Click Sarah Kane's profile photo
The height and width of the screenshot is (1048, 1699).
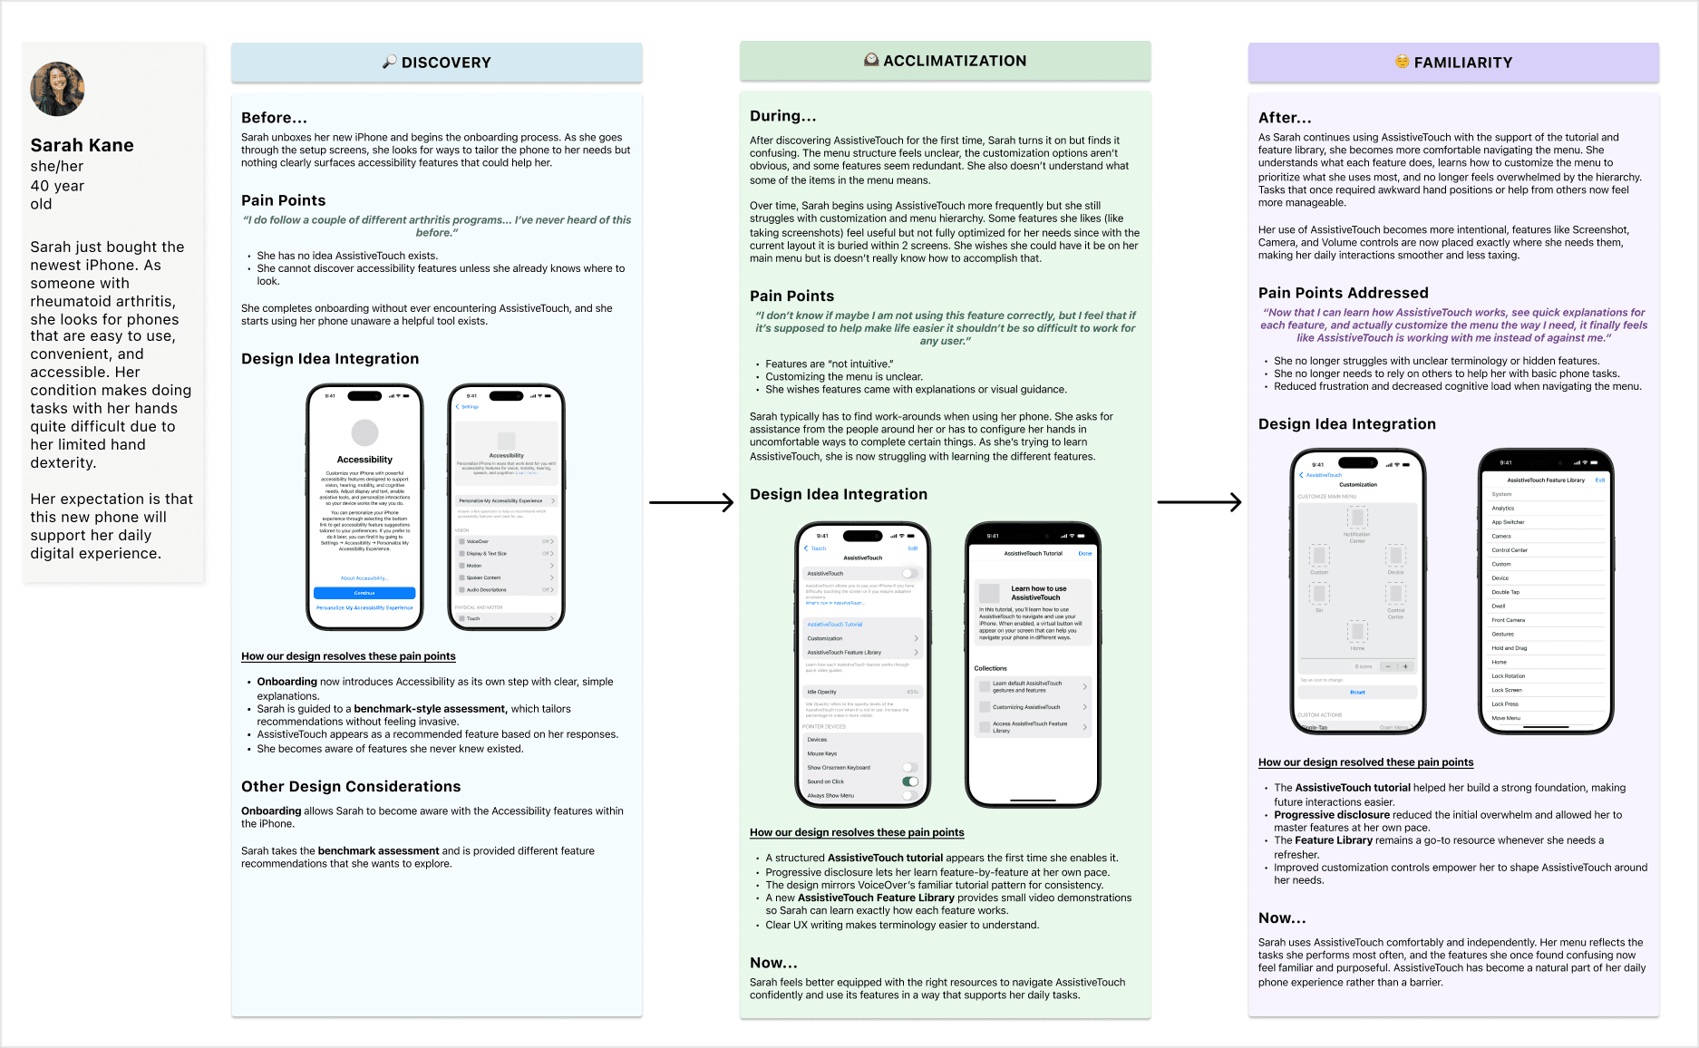point(57,89)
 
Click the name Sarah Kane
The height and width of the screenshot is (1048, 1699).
point(82,145)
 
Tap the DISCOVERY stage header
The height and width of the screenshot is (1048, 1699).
point(437,63)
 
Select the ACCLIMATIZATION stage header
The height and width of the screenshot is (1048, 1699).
point(945,61)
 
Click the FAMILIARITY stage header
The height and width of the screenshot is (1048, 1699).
point(1453,63)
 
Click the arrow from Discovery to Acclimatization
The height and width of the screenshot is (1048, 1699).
point(691,502)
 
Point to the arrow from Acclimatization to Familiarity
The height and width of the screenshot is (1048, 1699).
point(1199,501)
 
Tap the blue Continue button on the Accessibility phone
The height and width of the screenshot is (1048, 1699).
point(364,593)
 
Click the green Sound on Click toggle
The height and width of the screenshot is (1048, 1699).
point(910,781)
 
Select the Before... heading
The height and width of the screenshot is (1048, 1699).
point(274,118)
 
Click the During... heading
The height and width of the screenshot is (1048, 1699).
point(782,116)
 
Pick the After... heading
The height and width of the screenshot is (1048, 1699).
point(1284,118)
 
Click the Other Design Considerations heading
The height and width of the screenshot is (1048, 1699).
point(350,787)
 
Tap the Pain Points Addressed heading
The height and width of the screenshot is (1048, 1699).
point(1343,293)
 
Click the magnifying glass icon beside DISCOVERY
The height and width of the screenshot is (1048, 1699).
point(389,62)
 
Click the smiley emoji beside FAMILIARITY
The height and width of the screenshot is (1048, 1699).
point(1402,62)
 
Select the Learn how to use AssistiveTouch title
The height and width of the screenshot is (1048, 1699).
point(1039,593)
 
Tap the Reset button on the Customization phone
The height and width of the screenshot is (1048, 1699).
point(1357,692)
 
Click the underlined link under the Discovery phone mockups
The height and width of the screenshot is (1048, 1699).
point(348,656)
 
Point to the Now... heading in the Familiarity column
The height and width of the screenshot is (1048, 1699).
point(1281,918)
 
